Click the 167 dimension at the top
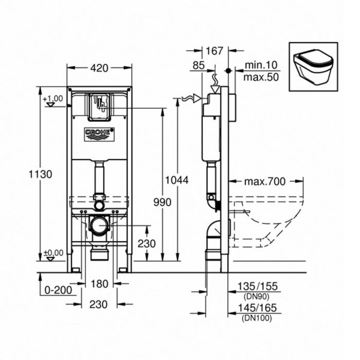click(214, 51)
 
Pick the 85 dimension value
click(197, 65)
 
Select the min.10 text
click(262, 65)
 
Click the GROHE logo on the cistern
click(99, 134)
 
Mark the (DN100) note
click(256, 318)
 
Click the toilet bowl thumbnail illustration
click(313, 66)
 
